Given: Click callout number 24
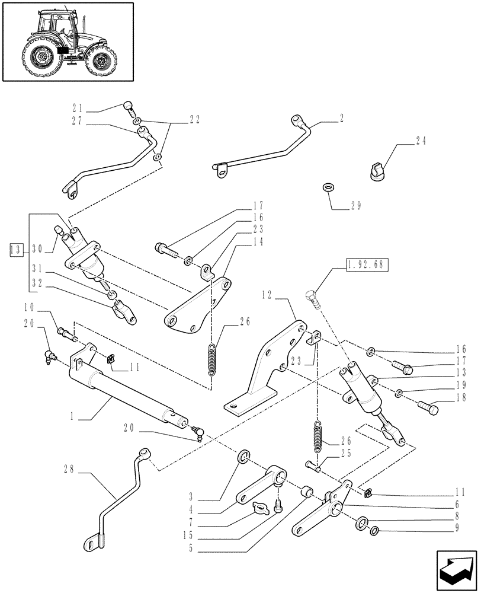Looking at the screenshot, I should pos(421,142).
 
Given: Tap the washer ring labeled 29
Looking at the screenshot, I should pos(329,187).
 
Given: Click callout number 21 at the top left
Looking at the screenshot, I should pos(77,109).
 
